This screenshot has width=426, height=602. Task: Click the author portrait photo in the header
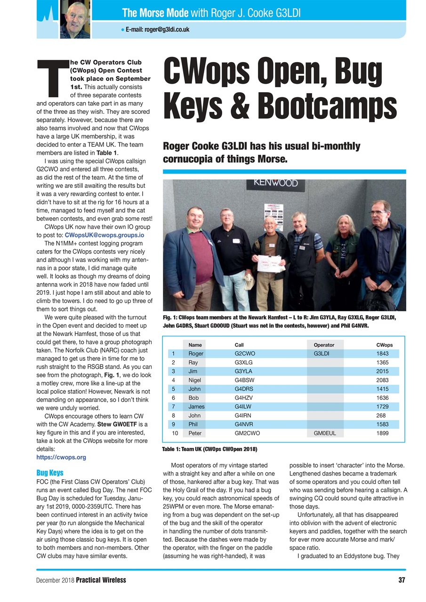coord(75,19)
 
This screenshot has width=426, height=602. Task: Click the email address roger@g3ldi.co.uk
coord(157,29)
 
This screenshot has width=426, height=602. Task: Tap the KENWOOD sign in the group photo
coord(276,183)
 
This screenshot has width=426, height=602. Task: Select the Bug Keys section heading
coord(49,473)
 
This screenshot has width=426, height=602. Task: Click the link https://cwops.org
coord(61,457)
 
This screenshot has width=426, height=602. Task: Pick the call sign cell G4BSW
coord(245,380)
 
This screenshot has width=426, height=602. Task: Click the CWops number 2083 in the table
coord(383,380)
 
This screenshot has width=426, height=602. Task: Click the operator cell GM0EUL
coord(324,433)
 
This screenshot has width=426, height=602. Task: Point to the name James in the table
coord(196,406)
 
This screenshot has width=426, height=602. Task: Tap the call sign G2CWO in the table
coord(245,354)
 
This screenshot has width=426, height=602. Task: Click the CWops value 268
coord(381,415)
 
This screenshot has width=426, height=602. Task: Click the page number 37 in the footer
coord(401,580)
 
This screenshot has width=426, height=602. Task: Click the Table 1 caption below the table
coord(209,450)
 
